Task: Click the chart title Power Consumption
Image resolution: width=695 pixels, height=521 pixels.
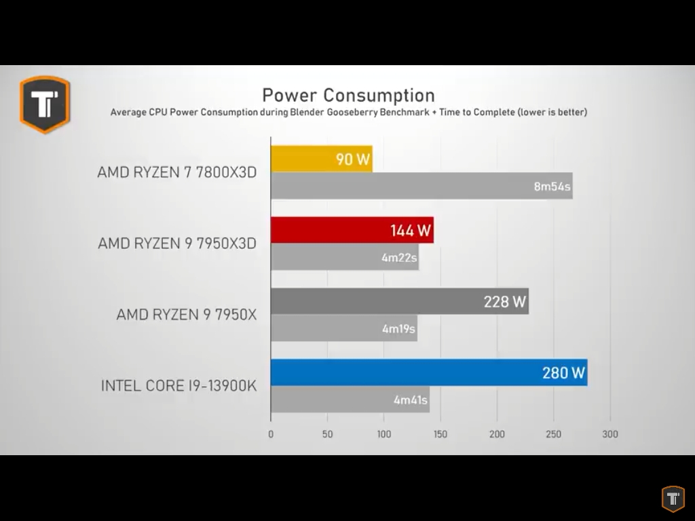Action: pos(348,95)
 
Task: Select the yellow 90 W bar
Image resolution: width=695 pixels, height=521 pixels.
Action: pos(322,159)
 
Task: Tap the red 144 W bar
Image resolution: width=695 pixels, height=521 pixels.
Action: pos(352,230)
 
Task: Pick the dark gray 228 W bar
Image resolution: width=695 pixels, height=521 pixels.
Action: pos(400,301)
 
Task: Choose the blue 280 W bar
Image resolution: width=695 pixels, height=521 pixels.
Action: pos(429,372)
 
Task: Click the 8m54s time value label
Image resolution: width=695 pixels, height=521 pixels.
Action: pos(552,187)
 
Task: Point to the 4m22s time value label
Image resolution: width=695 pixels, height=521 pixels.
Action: pos(399,258)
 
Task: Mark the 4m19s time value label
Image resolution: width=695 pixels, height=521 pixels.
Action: pos(398,329)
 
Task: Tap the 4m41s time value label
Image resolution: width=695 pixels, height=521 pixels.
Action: pos(411,400)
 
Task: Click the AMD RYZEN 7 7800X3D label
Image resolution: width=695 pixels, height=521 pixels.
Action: pos(177,172)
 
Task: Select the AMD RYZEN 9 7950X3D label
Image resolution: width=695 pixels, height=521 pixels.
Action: pos(177,243)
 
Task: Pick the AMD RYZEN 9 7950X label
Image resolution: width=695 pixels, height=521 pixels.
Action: pos(187,315)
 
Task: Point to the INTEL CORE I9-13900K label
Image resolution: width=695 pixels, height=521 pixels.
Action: pos(179,386)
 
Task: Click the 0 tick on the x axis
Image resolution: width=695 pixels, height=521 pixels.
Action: pos(271,434)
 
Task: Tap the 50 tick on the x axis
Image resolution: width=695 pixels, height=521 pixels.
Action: pos(328,434)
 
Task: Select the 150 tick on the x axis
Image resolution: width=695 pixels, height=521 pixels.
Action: pos(440,434)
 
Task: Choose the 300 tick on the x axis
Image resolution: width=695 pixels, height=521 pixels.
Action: pos(610,434)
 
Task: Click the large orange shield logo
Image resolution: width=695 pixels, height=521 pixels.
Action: pos(45,104)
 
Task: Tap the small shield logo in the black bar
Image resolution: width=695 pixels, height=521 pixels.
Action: pos(673,499)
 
